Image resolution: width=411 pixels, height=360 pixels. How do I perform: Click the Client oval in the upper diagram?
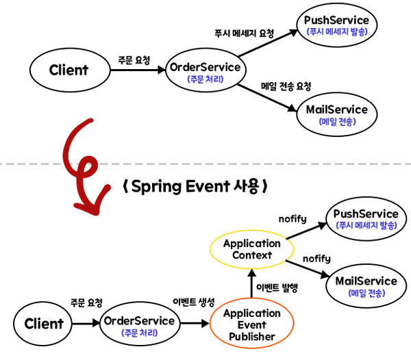tap(68, 70)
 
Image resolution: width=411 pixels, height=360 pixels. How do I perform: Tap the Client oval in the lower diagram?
tap(44, 323)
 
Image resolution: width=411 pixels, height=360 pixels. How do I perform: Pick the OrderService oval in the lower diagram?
tap(138, 324)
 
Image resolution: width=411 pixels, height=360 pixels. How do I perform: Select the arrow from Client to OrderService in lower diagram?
tap(86, 324)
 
